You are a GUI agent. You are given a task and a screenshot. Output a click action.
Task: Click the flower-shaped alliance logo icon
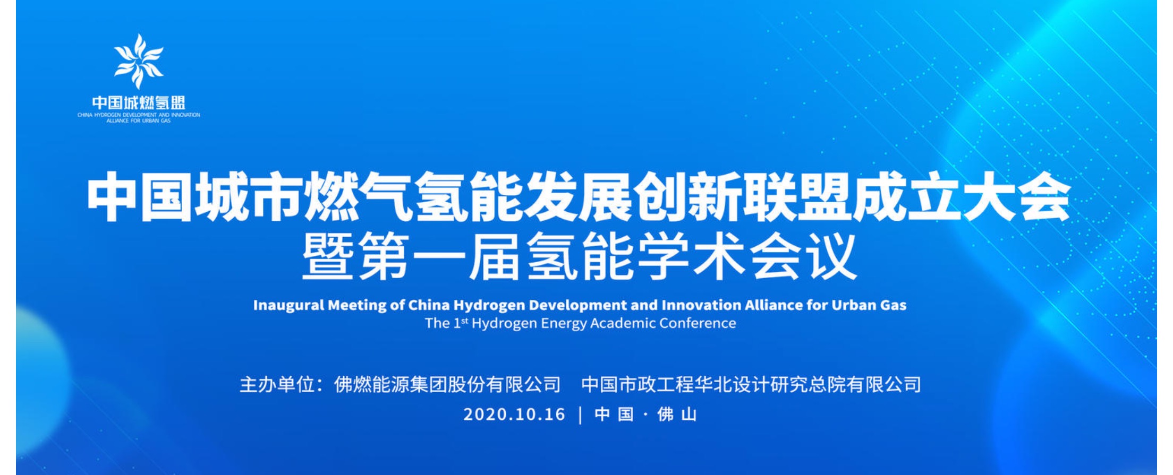(139, 61)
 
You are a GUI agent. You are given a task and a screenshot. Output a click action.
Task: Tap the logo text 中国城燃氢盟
(139, 102)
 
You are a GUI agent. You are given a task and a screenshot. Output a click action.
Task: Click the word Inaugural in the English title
(288, 305)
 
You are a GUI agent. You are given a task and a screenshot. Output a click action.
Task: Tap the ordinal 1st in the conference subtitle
(461, 323)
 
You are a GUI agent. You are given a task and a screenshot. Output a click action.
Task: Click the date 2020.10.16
(514, 414)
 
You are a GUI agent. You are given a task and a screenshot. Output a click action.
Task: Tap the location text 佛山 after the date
(677, 414)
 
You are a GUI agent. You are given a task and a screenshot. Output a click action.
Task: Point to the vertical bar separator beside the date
(580, 414)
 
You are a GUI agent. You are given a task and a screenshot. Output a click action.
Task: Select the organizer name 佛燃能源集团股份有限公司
(447, 384)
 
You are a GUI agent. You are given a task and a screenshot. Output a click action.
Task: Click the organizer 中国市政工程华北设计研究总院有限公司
(751, 384)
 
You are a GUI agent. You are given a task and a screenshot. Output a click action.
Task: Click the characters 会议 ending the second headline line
(804, 258)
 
